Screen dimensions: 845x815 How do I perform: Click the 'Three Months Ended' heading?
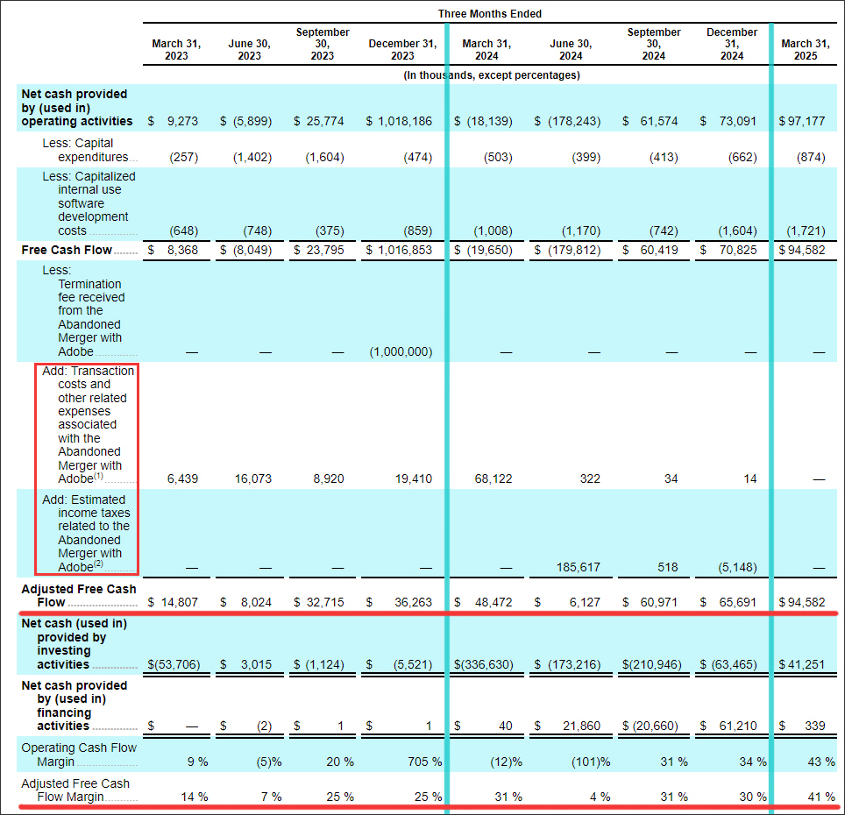pos(489,13)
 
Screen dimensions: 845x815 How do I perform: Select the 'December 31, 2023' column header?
pos(402,50)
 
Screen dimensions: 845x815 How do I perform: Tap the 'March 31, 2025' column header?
pos(806,50)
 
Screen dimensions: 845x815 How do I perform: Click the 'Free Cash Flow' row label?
pos(67,250)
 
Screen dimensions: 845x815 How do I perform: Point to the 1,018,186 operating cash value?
pos(405,121)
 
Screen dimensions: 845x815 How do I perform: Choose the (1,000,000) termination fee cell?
pos(401,351)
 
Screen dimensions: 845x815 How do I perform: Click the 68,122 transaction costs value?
pos(494,478)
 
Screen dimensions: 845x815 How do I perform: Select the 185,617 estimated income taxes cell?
pos(579,567)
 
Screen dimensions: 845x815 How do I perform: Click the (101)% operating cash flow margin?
pos(591,762)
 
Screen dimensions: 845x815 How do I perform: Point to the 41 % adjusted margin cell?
pos(821,797)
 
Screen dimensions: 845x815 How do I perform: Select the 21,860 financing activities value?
pos(581,726)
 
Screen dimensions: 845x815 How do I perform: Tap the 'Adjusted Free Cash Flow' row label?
pos(79,596)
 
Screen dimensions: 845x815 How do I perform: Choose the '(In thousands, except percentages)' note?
pos(492,75)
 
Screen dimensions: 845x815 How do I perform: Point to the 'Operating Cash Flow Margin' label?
pos(79,755)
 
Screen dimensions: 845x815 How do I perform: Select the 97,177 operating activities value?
pos(806,121)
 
